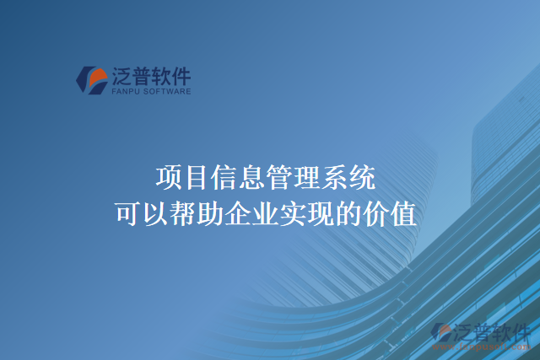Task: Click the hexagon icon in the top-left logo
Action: point(91,80)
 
